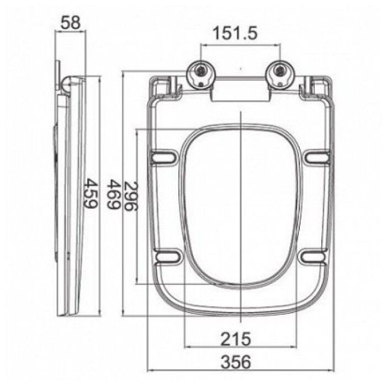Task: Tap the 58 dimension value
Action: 70,23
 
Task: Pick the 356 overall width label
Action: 236,362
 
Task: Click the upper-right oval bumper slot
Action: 317,158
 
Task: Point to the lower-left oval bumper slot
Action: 167,256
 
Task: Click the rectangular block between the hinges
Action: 241,93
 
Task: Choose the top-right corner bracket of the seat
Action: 318,88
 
